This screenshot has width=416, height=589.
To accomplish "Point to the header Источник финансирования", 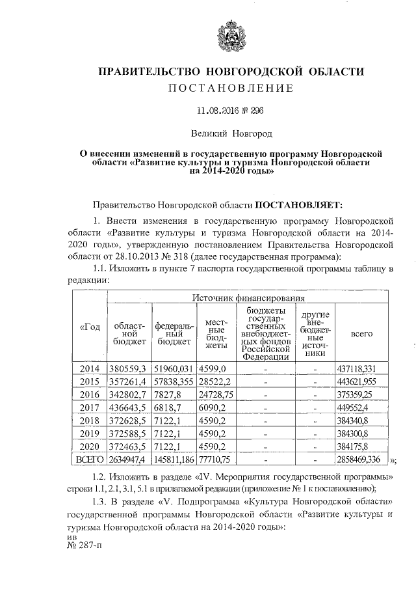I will click(x=248, y=297).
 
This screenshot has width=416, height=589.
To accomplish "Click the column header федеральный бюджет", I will click(x=172, y=331).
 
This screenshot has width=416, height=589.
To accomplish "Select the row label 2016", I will click(x=88, y=394).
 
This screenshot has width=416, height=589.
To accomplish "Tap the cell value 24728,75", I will click(x=214, y=394).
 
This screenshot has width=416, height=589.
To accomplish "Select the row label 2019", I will click(x=88, y=434).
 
